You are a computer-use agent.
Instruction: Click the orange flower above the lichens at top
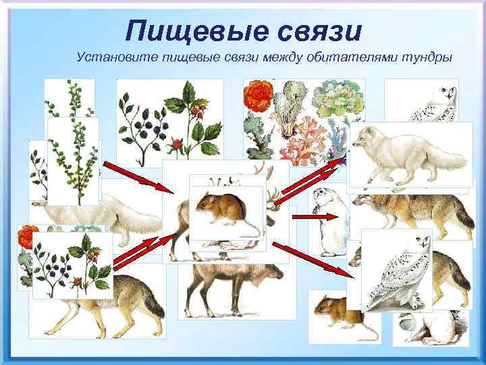click(259, 94)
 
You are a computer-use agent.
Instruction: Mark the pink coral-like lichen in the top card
click(297, 145)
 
